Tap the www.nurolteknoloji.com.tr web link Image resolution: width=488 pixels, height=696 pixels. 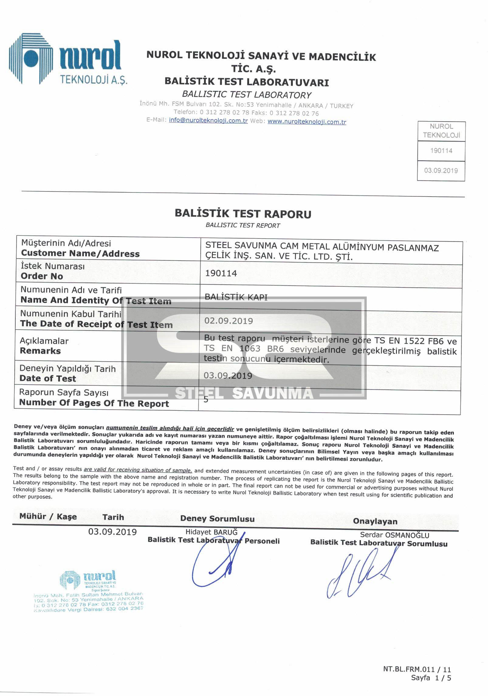pos(307,122)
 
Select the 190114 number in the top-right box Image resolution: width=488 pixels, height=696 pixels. pos(441,151)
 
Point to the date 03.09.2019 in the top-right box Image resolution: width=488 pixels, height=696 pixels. pos(441,170)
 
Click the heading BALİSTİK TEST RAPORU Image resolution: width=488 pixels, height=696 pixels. pos(243,214)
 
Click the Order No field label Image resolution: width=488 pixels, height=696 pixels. pos(42,276)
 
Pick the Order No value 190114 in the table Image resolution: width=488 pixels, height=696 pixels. pos(221,273)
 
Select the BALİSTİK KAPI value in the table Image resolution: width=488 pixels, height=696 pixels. pos(236,297)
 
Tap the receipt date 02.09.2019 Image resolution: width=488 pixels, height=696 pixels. pos(229,321)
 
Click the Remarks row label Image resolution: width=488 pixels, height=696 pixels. pos(40,351)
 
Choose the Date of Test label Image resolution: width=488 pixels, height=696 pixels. pos(48,379)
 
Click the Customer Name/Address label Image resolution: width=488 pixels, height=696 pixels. pos(80,254)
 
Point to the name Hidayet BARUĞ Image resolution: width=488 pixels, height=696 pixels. pos(211,532)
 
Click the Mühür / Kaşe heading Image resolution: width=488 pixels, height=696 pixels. pos(48,516)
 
